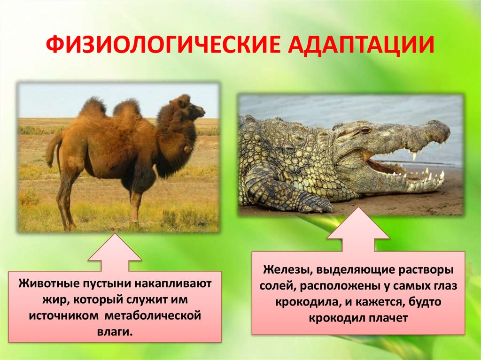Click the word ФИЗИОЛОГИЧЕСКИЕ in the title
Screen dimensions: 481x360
coord(163,45)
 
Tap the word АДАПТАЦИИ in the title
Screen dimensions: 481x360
coord(361,46)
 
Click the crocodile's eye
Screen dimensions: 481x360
coord(365,130)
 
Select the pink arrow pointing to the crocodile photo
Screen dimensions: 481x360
coord(358,230)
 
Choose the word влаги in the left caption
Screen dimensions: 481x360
coord(115,332)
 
